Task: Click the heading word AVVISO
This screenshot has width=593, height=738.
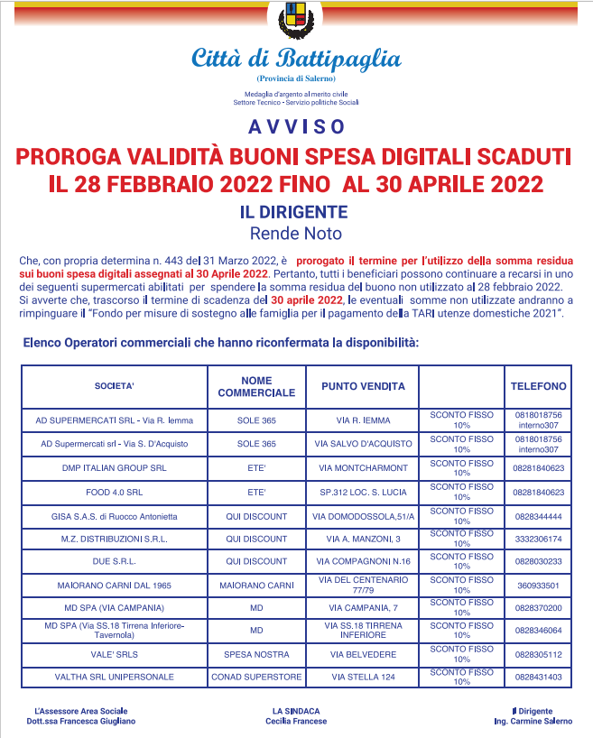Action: point(296,125)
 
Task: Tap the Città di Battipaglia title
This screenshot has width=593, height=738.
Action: point(296,60)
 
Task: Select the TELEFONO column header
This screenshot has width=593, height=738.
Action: point(538,386)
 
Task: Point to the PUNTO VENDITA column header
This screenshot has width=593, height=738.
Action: point(363,386)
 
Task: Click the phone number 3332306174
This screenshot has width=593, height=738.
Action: point(538,539)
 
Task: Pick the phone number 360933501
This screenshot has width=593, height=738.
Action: point(538,585)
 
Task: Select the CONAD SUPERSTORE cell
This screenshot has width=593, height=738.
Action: point(256,677)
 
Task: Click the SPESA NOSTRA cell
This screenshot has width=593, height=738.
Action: point(256,654)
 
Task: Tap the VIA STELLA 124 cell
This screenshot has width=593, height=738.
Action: point(363,677)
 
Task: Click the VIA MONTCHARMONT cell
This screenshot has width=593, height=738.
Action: point(363,468)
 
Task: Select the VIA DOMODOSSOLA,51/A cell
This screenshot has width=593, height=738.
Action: point(363,516)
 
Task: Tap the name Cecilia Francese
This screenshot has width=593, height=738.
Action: point(296,722)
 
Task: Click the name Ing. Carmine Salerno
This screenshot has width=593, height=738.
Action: point(539,722)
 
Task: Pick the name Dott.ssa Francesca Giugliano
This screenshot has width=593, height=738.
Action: point(81,722)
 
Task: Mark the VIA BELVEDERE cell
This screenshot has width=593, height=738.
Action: point(363,654)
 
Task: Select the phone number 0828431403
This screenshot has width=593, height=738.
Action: point(538,677)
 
